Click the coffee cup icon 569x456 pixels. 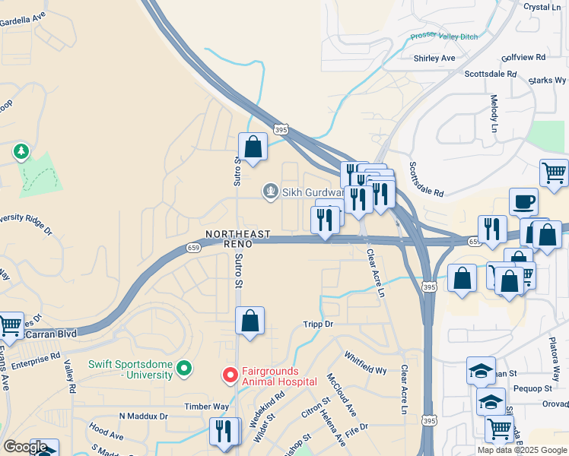pos(523,202)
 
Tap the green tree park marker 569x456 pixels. pos(21,152)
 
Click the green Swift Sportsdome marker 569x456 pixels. pos(183,369)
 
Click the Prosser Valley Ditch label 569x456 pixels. pos(444,35)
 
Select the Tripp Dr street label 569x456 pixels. pos(319,324)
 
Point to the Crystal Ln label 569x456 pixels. pos(542,7)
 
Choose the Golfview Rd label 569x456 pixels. pos(523,57)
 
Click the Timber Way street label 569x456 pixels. pos(206,407)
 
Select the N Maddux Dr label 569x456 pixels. pos(143,416)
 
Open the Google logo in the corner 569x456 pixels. pos(25,446)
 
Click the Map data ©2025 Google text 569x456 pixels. pos(521,450)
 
